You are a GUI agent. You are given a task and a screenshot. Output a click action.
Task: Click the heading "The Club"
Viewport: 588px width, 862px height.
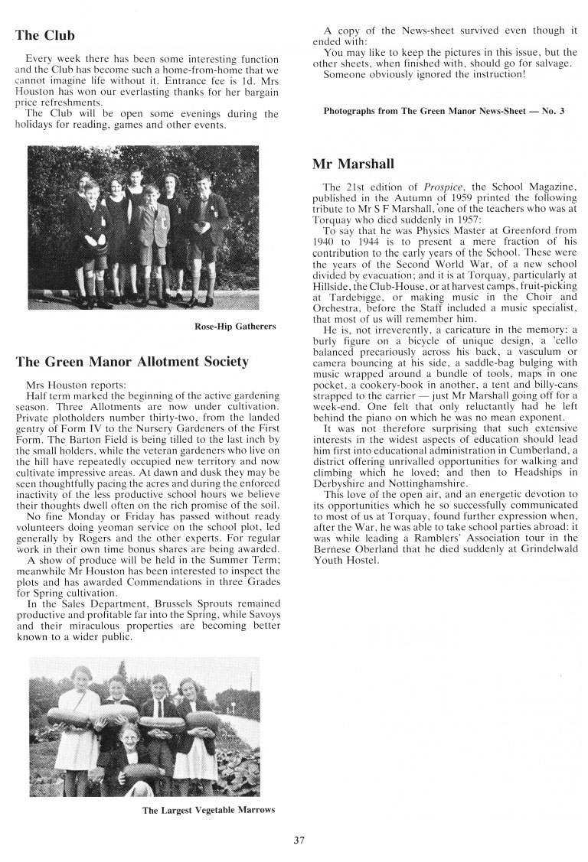[x=44, y=35]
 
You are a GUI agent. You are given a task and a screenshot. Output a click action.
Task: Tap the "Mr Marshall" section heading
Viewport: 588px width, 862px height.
[x=352, y=164]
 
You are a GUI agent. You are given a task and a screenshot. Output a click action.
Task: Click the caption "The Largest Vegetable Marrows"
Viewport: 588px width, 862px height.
[x=207, y=811]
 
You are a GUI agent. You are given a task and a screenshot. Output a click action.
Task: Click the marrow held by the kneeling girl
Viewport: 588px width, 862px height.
[x=132, y=776]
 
